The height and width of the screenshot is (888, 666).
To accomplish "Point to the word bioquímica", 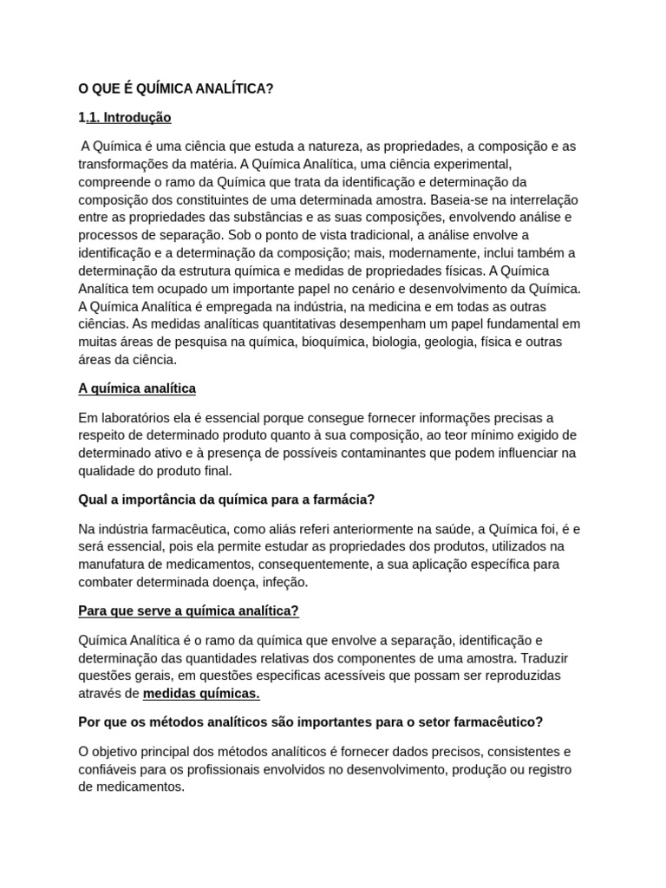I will pyautogui.click(x=333, y=341).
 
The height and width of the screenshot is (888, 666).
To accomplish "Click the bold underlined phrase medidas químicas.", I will pyautogui.click(x=201, y=694).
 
